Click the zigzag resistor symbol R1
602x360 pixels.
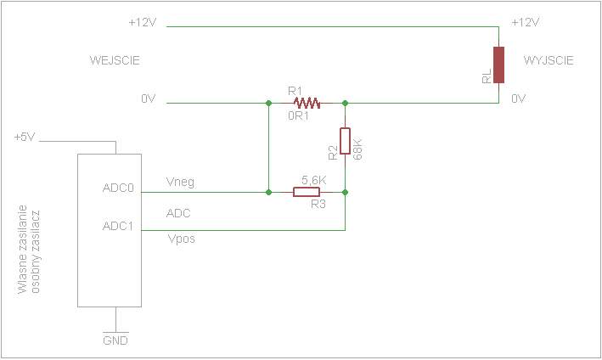pyautogui.click(x=307, y=103)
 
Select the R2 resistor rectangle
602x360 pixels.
pyautogui.click(x=345, y=141)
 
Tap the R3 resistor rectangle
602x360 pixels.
pyautogui.click(x=307, y=192)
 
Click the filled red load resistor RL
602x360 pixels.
pyautogui.click(x=498, y=65)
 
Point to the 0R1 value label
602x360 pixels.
pyautogui.click(x=298, y=115)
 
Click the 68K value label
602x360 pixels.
pyautogui.click(x=357, y=149)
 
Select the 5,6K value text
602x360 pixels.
pyautogui.click(x=313, y=180)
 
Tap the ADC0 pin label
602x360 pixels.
pyautogui.click(x=118, y=188)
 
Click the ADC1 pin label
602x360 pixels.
pyautogui.click(x=118, y=226)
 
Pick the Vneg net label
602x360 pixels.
pyautogui.click(x=180, y=182)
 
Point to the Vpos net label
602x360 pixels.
pyautogui.click(x=181, y=239)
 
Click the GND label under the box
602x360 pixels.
pyautogui.click(x=115, y=340)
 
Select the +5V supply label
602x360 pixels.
pyautogui.click(x=25, y=137)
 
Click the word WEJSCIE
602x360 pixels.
pyautogui.click(x=115, y=60)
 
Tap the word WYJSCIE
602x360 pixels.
pyautogui.click(x=549, y=60)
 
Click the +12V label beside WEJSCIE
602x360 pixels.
pyautogui.click(x=143, y=22)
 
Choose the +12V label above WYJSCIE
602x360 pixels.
pyautogui.click(x=526, y=22)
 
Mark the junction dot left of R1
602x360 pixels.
pyautogui.click(x=269, y=103)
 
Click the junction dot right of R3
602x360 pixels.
pyautogui.click(x=345, y=192)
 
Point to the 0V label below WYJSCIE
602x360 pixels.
pyautogui.click(x=518, y=98)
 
